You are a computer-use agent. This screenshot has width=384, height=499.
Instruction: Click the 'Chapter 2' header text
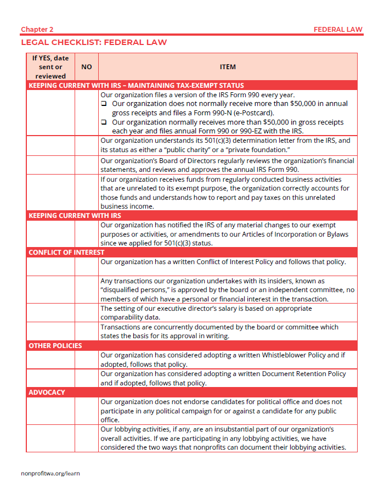coord(37,29)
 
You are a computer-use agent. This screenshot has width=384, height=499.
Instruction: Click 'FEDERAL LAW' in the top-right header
coord(338,29)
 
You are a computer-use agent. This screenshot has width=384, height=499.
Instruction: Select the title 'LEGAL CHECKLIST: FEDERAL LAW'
coord(94,42)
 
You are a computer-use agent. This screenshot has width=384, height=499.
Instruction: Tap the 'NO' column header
coord(86,67)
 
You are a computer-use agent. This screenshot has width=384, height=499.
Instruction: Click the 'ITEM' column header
coord(228,67)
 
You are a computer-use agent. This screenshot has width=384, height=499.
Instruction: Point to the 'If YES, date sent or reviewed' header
coord(50,67)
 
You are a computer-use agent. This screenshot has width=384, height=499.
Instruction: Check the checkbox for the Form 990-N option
coord(104,104)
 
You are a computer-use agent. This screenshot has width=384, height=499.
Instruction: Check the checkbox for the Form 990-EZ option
coord(104,122)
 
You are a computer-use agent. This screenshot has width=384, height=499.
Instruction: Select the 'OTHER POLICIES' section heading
coord(55,346)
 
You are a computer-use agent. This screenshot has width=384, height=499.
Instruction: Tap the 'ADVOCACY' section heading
coord(47,393)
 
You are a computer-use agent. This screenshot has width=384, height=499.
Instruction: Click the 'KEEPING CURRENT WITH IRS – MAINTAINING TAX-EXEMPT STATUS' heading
coord(136,86)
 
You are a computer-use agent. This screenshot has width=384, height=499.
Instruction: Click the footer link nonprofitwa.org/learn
coord(50,473)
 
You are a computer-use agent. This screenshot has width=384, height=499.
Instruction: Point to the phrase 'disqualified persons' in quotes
coord(135,290)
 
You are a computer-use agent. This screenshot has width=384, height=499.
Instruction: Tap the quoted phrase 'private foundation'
coord(257,150)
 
